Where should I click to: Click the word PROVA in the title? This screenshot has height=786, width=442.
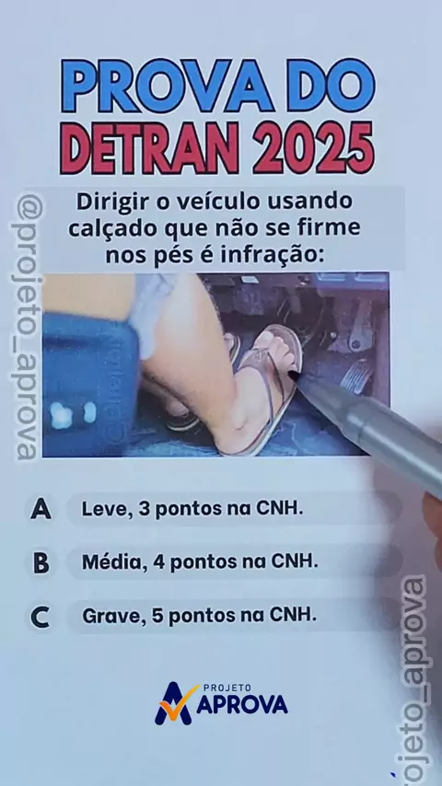[x=168, y=86]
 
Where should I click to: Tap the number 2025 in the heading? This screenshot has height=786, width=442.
[x=314, y=148]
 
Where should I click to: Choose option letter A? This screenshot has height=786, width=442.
[x=41, y=509]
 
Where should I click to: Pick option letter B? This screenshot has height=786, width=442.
[x=41, y=562]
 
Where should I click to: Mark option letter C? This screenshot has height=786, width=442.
[x=41, y=617]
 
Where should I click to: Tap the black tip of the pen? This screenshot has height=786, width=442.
[x=294, y=375]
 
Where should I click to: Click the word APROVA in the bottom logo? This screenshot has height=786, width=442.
[x=242, y=705]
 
